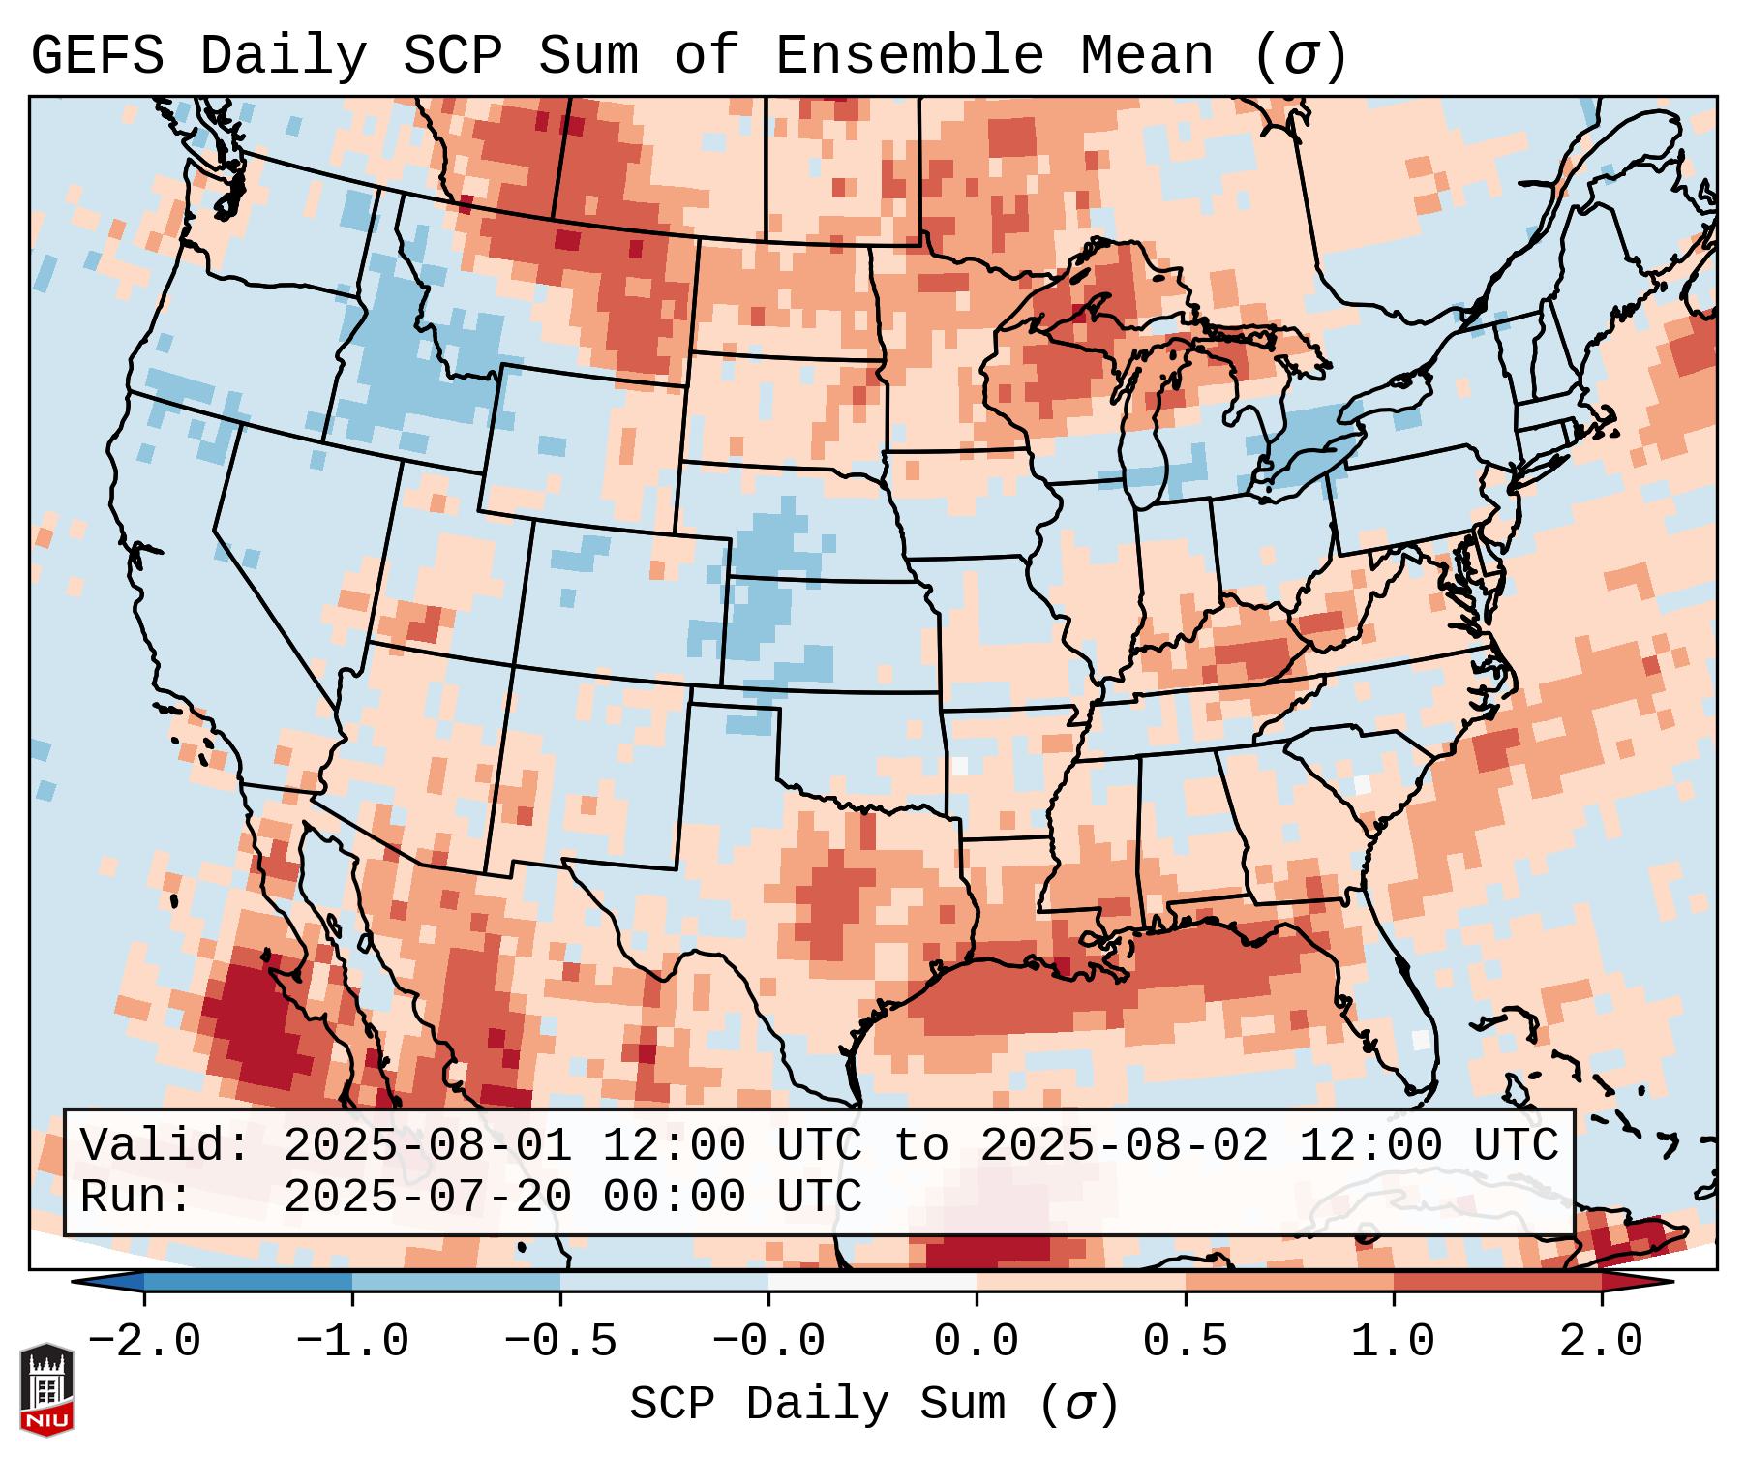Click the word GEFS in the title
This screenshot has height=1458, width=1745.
pyautogui.click(x=97, y=56)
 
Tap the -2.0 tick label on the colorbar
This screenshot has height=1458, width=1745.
pyautogui.click(x=144, y=1342)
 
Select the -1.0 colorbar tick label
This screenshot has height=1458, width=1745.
pyautogui.click(x=352, y=1342)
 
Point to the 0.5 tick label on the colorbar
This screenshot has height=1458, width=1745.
pyautogui.click(x=1185, y=1342)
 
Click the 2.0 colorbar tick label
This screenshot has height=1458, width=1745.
pyautogui.click(x=1601, y=1342)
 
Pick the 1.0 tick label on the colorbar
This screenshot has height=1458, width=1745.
pyautogui.click(x=1393, y=1342)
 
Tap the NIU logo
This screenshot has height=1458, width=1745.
pyautogui.click(x=46, y=1388)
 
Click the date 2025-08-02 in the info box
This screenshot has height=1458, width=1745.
pyautogui.click(x=1124, y=1145)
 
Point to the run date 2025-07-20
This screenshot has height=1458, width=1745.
pyautogui.click(x=427, y=1197)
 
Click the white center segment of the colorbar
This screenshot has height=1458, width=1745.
pyautogui.click(x=872, y=1282)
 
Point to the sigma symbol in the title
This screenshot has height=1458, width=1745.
pyautogui.click(x=1300, y=56)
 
